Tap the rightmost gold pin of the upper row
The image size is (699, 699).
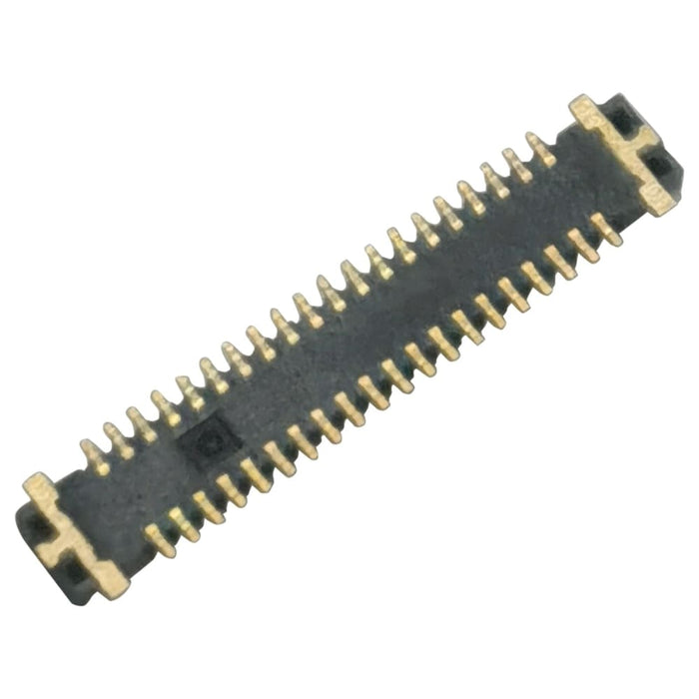click(540, 149)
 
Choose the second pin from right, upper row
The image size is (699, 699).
click(517, 163)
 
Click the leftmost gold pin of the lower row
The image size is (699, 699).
click(159, 540)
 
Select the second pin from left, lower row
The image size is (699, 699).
click(183, 523)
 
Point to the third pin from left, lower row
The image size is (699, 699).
click(207, 507)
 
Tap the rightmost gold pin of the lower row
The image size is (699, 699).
click(605, 229)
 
